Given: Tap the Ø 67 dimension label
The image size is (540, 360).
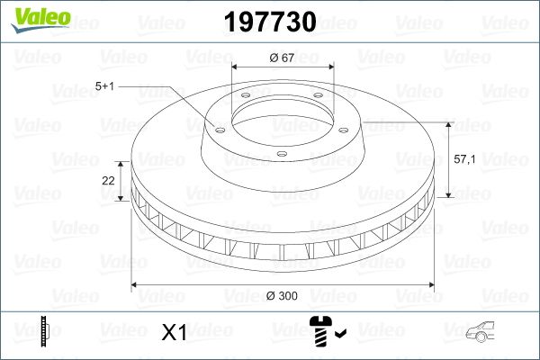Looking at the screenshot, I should click(283, 58).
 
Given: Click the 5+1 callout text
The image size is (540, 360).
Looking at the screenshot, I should click(104, 86).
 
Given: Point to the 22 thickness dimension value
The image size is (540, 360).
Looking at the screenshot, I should click(108, 180).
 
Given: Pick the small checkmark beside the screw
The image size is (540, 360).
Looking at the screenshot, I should click(340, 337).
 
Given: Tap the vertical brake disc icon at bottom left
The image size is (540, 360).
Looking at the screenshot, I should click(44, 333).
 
